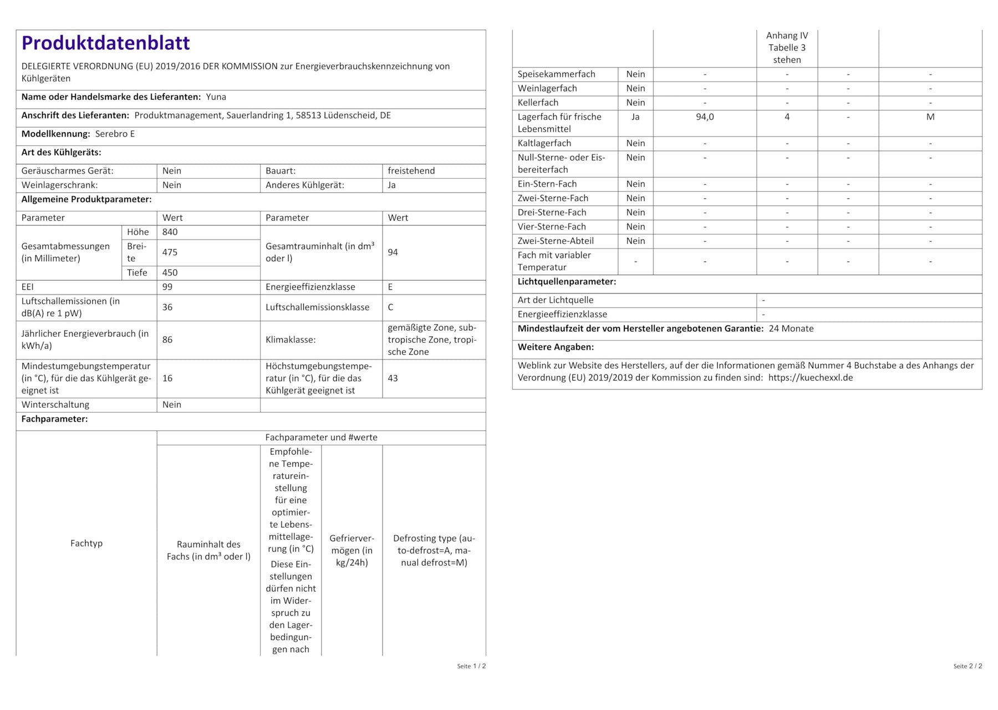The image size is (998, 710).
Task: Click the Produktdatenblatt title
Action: point(105,43)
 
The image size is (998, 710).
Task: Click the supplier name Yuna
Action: point(216,97)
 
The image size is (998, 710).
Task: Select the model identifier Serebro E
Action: point(115,134)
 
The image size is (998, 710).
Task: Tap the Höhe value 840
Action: point(170,232)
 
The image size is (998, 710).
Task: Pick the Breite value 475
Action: point(170,252)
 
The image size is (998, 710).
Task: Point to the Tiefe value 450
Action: point(170,272)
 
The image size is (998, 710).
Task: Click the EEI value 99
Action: point(167,287)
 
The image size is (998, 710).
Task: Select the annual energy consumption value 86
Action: point(167,339)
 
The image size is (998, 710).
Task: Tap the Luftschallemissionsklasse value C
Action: point(390,307)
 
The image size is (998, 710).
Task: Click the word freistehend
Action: point(411,171)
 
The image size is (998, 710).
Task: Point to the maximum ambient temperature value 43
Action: point(393,378)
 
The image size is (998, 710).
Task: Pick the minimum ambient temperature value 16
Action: point(167,378)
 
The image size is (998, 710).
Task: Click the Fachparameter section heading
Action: point(54,419)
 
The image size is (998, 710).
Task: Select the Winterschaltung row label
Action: point(55,405)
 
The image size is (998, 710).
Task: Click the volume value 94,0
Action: point(704,117)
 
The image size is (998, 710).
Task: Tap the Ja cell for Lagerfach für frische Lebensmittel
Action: point(635,117)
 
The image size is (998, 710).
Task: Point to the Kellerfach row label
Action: point(538,103)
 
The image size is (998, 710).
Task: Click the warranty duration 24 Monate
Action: point(791,328)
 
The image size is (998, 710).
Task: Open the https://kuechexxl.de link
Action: point(810,378)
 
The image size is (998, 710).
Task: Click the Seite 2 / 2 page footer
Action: point(967,666)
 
